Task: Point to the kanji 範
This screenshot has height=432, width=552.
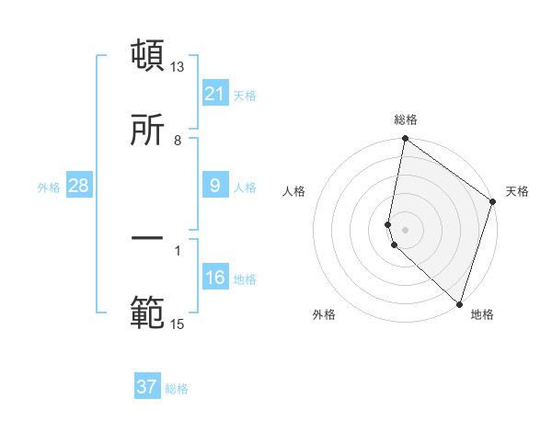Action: (148, 312)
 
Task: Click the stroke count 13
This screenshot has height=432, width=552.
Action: (178, 67)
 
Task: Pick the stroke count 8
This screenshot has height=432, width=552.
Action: (178, 140)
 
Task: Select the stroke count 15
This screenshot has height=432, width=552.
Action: (178, 324)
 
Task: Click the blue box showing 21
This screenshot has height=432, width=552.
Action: (215, 94)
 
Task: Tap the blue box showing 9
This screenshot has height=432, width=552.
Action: (215, 186)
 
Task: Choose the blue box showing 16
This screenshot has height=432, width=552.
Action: (215, 278)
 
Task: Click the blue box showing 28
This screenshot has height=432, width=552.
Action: (78, 186)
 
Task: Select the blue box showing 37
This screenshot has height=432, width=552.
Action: (147, 387)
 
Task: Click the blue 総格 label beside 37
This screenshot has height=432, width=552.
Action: (177, 389)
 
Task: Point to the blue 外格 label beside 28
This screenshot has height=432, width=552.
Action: (49, 188)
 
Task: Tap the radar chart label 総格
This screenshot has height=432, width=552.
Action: (406, 119)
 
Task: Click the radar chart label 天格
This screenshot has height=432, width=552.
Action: (517, 191)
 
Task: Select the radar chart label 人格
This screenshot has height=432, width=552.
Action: (294, 191)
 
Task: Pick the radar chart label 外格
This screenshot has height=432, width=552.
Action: (324, 314)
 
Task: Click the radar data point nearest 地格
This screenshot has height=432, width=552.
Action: (459, 303)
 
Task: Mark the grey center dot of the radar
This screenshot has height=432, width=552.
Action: (406, 229)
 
